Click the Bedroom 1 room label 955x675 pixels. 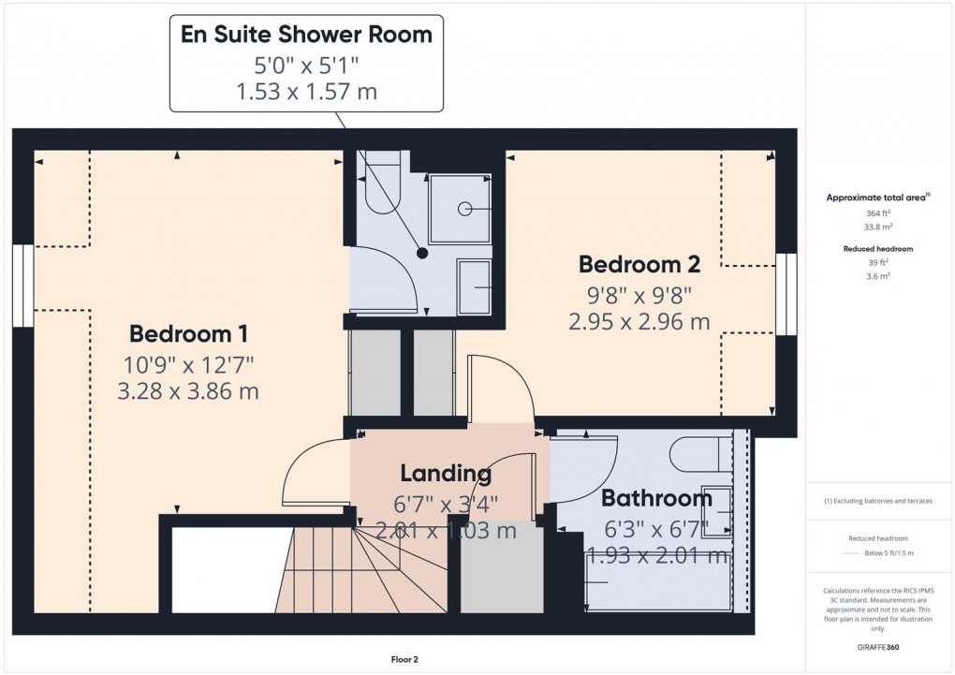click(187, 333)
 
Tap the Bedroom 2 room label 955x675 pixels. click(639, 264)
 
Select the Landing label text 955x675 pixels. click(446, 474)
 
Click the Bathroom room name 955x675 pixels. click(656, 498)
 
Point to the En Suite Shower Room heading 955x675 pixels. click(307, 36)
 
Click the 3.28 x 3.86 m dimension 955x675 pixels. click(187, 391)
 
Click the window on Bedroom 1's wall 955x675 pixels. click(22, 286)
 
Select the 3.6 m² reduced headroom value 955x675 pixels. click(877, 276)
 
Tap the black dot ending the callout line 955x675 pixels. click(422, 253)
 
